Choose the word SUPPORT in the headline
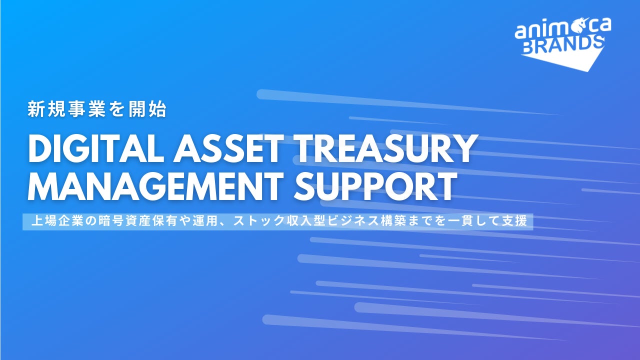tap(375, 185)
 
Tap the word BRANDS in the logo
tap(563, 45)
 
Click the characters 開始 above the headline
tap(147, 109)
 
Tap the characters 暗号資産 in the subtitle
tap(124, 221)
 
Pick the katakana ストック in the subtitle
tap(258, 221)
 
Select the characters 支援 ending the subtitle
tap(514, 221)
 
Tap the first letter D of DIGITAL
tap(40, 148)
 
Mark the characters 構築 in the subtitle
tap(393, 221)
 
